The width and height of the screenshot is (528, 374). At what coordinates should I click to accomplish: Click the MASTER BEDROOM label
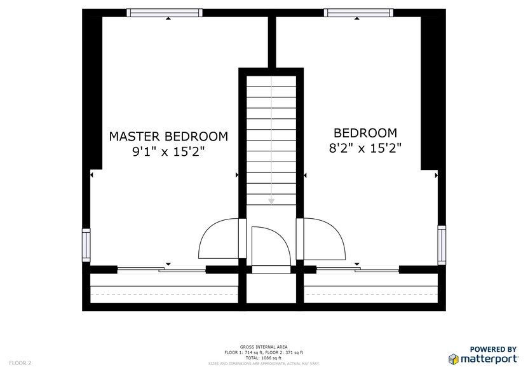(168, 136)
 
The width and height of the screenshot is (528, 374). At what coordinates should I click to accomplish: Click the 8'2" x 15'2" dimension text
(365, 148)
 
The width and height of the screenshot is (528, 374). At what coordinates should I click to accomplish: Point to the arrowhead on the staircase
(271, 200)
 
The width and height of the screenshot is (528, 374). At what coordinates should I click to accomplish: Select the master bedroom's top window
(165, 13)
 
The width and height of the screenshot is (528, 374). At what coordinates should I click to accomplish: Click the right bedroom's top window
(358, 13)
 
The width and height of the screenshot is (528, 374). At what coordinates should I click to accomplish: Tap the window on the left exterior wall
(86, 244)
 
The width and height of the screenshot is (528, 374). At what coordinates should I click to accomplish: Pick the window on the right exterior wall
(442, 244)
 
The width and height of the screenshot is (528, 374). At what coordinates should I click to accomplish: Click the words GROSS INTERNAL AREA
(264, 347)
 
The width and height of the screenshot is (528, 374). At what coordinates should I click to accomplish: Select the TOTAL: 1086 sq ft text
(264, 358)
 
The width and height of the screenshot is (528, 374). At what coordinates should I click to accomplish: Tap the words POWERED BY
(492, 349)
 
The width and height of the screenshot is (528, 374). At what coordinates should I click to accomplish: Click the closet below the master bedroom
(164, 289)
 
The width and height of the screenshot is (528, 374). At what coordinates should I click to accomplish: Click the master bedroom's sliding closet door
(162, 270)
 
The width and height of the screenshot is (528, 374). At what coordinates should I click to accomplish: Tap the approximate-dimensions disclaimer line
(264, 364)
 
